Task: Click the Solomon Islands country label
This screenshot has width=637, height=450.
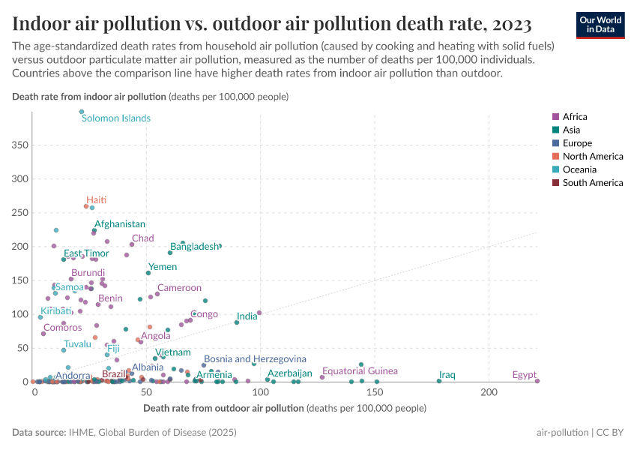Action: pos(115,118)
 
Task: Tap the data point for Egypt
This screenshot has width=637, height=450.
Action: pos(537,381)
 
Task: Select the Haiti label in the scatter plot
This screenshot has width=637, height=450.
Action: pos(96,200)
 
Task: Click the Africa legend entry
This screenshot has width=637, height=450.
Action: pos(575,117)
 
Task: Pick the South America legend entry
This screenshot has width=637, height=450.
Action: pos(592,183)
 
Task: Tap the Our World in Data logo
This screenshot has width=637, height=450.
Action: pos(600,25)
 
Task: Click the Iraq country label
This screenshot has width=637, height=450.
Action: pos(447,374)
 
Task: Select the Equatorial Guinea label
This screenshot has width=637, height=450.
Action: pos(360,371)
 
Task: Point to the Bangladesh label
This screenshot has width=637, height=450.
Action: pos(194,247)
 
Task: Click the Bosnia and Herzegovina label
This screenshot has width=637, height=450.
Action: pos(255,360)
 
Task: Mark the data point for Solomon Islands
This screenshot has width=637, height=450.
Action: pos(82,112)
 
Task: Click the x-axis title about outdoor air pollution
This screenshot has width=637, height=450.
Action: pos(283,409)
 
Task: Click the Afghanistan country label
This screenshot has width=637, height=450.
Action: pos(120,224)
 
